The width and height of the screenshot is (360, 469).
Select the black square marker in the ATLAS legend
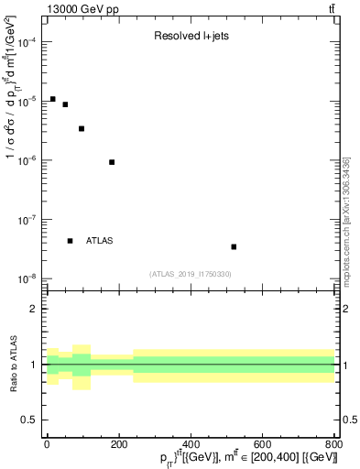(70, 241)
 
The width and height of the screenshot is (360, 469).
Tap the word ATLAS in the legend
(100, 241)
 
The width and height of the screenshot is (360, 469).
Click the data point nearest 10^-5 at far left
(52, 99)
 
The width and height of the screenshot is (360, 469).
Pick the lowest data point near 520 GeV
(234, 246)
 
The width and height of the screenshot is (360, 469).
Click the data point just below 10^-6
(112, 162)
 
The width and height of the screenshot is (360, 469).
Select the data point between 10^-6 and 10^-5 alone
(82, 128)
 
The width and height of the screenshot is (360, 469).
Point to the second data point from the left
(65, 104)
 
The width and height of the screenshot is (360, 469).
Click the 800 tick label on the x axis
(333, 445)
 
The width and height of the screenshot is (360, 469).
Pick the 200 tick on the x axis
(119, 445)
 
